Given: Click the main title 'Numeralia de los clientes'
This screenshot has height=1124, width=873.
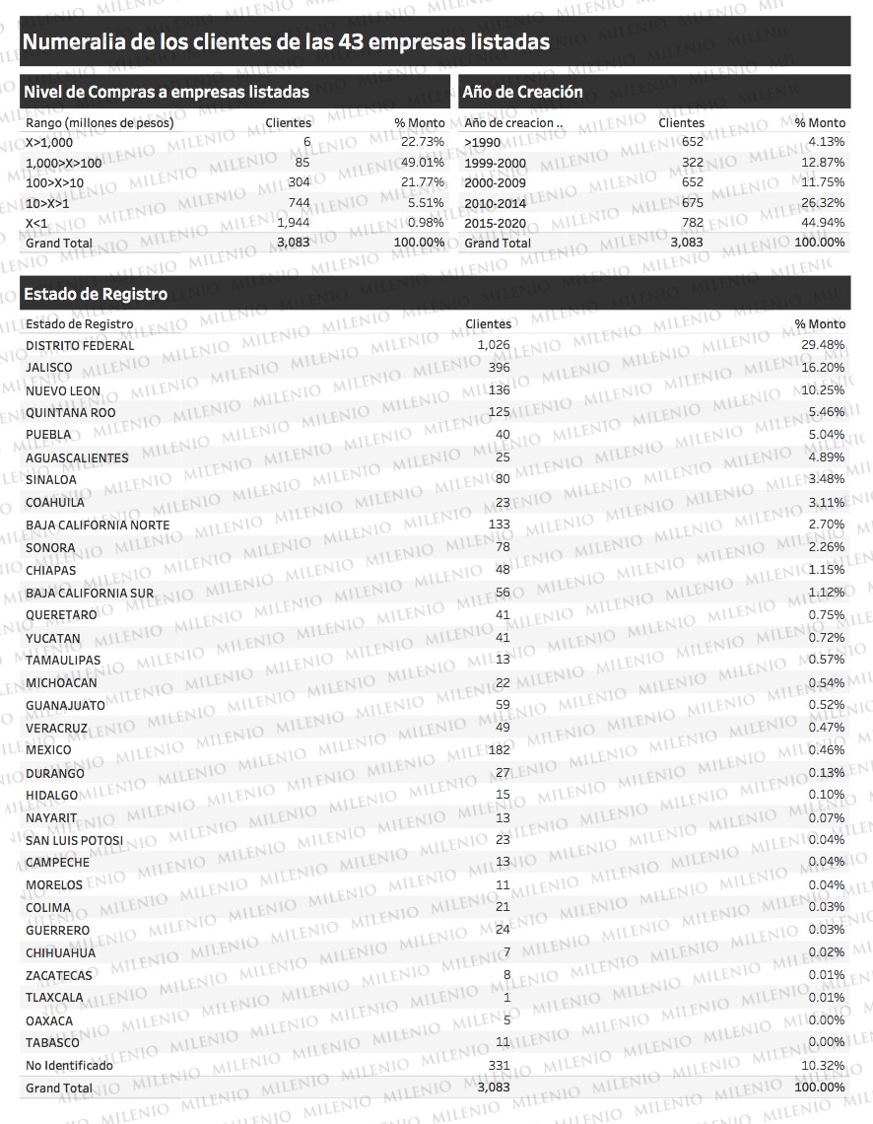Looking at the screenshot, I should [x=286, y=42].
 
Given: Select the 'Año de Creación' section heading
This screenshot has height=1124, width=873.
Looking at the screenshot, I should [x=522, y=92].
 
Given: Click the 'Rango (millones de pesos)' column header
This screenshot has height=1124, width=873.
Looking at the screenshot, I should [x=100, y=123].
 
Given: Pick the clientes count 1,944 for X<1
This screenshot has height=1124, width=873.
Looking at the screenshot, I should [x=294, y=223].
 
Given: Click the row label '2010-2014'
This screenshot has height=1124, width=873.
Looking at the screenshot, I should [x=495, y=203].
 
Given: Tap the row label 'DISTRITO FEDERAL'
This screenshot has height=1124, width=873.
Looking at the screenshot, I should [x=80, y=346].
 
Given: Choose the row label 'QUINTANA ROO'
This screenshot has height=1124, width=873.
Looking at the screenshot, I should [x=71, y=413].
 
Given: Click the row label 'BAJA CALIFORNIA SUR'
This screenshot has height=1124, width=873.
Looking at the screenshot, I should [x=90, y=594].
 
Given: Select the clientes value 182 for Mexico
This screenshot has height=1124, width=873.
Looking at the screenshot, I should [x=498, y=750].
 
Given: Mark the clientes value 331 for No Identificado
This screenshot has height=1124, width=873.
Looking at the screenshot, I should [x=498, y=1066].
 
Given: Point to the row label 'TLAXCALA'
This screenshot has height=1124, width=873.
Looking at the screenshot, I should [x=55, y=998].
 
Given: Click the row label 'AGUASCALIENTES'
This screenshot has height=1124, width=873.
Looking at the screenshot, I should [x=77, y=458].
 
